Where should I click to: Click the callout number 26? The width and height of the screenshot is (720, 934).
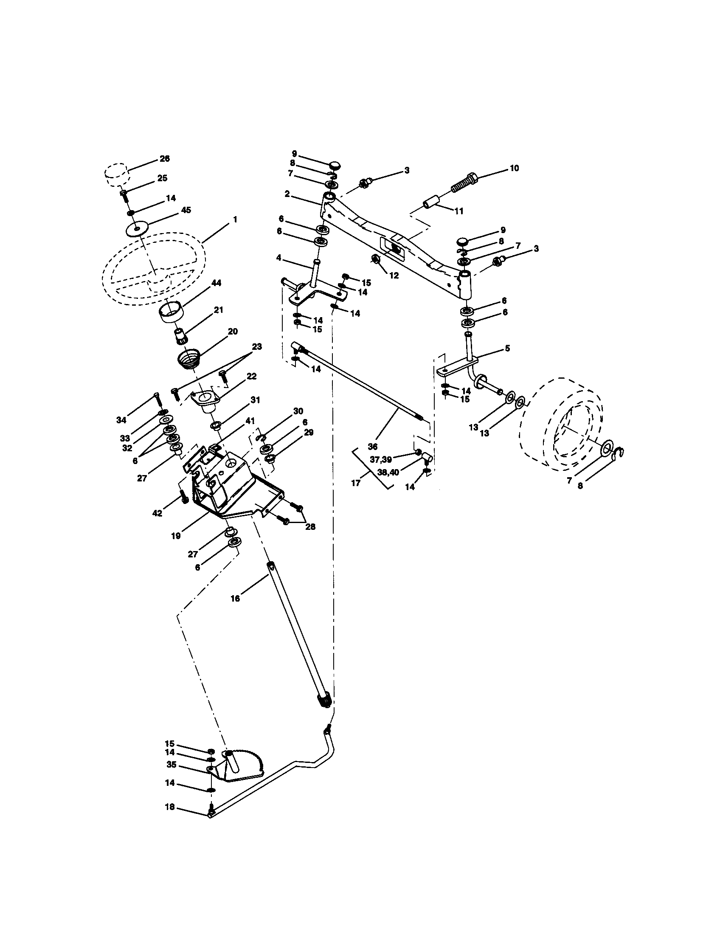(x=164, y=159)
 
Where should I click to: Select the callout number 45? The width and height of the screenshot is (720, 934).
(x=186, y=210)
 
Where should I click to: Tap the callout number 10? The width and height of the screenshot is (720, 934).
(x=515, y=169)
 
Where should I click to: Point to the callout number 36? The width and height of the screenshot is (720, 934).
(x=373, y=446)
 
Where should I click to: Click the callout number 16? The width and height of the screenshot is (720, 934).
(x=235, y=599)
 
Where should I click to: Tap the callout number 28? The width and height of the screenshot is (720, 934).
(x=310, y=527)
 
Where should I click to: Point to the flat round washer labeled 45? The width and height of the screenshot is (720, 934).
(x=137, y=228)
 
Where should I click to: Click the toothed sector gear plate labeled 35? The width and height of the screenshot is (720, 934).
(x=242, y=768)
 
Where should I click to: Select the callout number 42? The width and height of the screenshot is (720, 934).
(x=157, y=513)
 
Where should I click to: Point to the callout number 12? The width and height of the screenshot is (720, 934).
(x=394, y=276)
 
